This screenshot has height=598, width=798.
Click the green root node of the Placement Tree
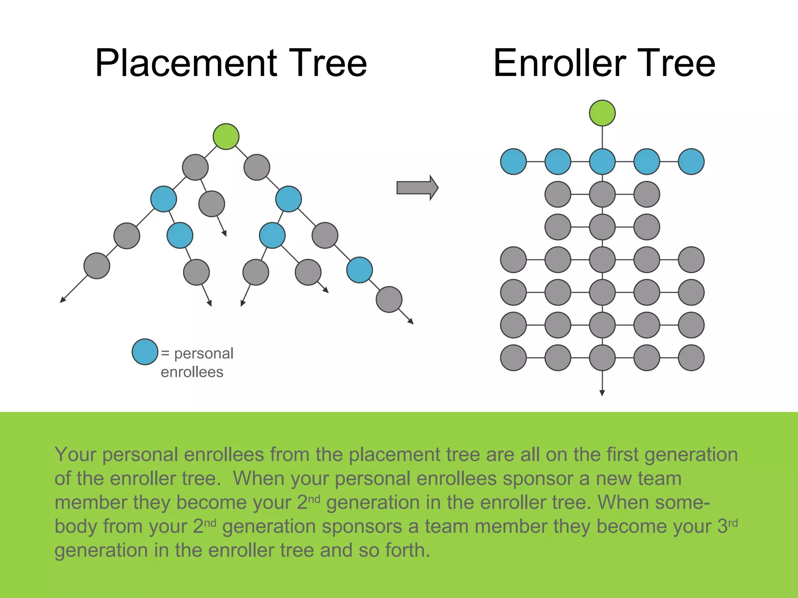pos(226,137)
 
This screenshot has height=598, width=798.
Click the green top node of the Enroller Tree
pos(602,113)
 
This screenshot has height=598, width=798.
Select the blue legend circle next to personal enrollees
pos(145,352)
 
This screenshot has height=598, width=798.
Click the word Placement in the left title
pos(186,63)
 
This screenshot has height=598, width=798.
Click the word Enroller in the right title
pos(560,63)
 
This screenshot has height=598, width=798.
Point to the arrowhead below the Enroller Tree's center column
pos(602,393)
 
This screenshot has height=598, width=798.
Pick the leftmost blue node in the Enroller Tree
pos(513,162)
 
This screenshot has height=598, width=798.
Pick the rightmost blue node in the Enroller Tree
pos(691,162)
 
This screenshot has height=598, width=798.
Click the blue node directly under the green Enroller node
pos(602,162)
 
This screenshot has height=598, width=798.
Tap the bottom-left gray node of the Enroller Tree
pos(513,358)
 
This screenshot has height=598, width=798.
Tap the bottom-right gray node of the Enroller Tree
pos(691,358)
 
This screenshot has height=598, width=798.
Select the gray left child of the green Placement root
pos(195,167)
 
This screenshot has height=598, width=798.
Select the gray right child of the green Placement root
pos(257,167)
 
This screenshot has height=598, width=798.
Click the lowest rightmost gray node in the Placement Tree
pos(389,299)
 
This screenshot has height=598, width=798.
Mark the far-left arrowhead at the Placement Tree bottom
pos(62,300)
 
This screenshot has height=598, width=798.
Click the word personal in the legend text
pos(203,354)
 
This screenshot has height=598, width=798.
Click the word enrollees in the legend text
pos(192,372)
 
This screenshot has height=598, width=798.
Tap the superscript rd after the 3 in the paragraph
pos(733,523)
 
